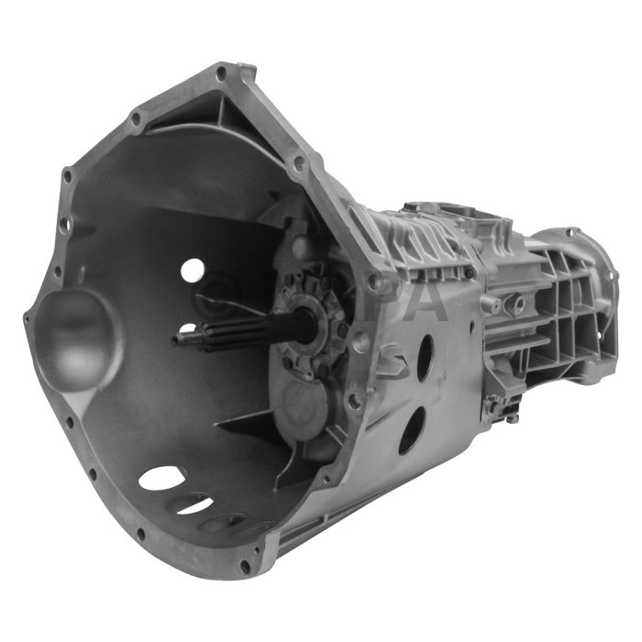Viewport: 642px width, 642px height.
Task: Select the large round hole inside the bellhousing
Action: [x=192, y=270]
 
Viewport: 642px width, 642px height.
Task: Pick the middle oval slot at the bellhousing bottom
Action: [x=194, y=504]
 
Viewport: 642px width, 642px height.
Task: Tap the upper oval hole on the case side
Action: [x=425, y=358]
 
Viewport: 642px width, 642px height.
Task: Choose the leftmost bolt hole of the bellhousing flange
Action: [x=28, y=319]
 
